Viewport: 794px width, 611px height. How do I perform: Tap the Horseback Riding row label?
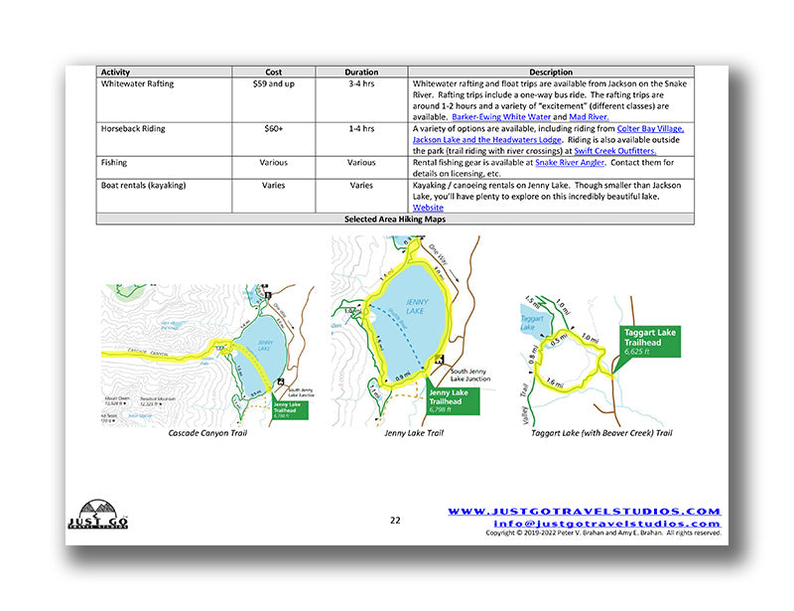[138, 129]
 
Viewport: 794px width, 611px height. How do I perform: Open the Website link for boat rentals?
[428, 208]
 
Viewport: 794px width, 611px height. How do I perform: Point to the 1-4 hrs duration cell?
[361, 129]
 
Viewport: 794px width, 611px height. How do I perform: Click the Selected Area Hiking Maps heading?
[394, 219]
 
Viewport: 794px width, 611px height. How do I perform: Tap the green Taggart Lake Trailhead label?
[649, 340]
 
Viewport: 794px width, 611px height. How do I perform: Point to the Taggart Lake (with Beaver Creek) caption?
[600, 433]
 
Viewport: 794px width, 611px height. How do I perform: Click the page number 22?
[395, 520]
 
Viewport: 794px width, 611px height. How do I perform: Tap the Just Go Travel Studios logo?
[96, 515]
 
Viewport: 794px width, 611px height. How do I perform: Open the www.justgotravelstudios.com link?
[584, 511]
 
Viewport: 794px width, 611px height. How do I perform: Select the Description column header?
[551, 73]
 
